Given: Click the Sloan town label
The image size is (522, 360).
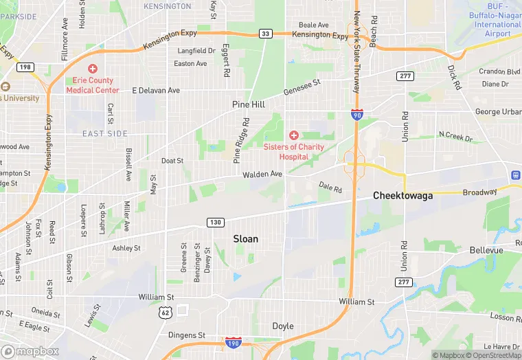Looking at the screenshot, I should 246,239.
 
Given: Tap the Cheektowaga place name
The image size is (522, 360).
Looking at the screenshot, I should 402,196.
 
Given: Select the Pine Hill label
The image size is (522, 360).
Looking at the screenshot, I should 248,104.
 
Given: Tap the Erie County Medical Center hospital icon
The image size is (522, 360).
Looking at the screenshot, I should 92,69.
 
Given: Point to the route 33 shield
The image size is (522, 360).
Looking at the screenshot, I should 266,33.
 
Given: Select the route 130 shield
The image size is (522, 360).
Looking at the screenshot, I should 215,222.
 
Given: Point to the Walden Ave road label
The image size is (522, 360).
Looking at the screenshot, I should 262,175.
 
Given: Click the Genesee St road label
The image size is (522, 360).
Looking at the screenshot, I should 303,86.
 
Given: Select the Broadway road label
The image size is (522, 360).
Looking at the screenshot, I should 479,192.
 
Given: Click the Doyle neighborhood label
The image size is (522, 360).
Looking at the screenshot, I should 283,326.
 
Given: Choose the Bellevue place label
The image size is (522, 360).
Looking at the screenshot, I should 486,251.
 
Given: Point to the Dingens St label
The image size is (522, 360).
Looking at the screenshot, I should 187,335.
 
